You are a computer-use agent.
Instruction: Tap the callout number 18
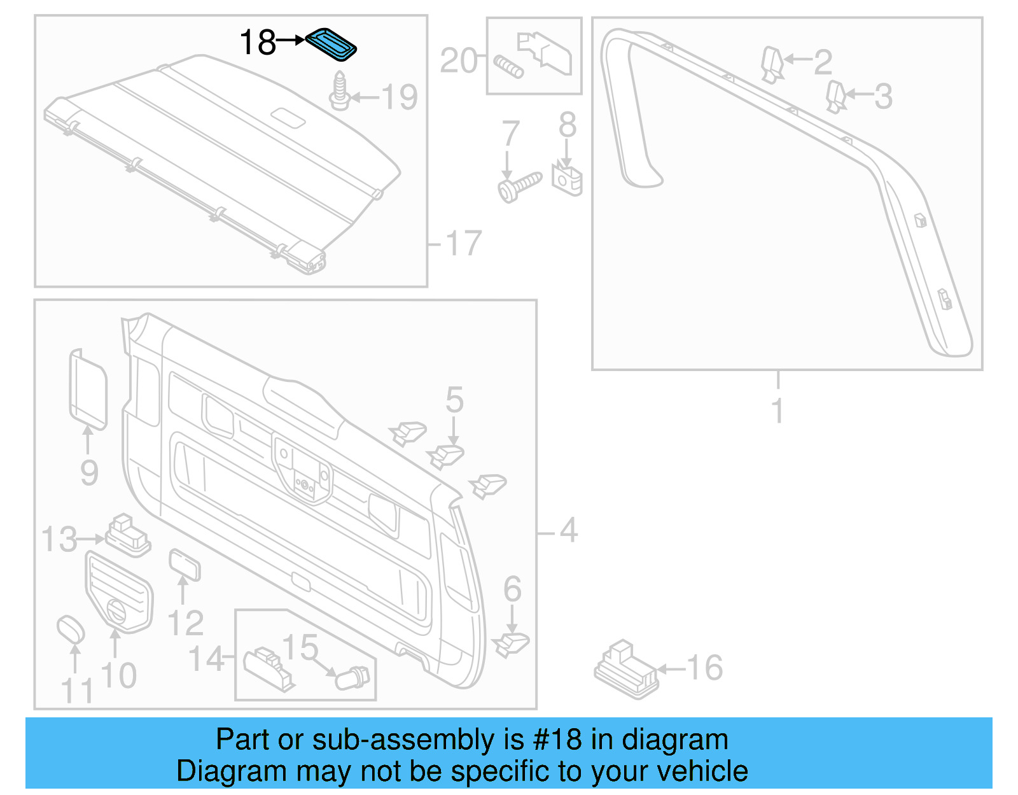(x=258, y=43)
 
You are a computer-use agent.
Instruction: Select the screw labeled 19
(x=340, y=92)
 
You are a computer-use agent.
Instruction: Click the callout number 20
(x=458, y=61)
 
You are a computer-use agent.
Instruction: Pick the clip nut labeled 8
(x=566, y=179)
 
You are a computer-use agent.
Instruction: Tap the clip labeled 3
(x=835, y=96)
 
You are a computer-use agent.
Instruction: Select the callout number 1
(x=777, y=410)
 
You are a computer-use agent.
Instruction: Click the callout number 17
(x=464, y=244)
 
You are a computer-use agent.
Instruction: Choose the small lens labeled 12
(x=184, y=565)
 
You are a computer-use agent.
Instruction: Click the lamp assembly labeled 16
(x=625, y=671)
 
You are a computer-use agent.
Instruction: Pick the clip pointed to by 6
(x=510, y=644)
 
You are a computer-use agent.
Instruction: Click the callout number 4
(x=568, y=530)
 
